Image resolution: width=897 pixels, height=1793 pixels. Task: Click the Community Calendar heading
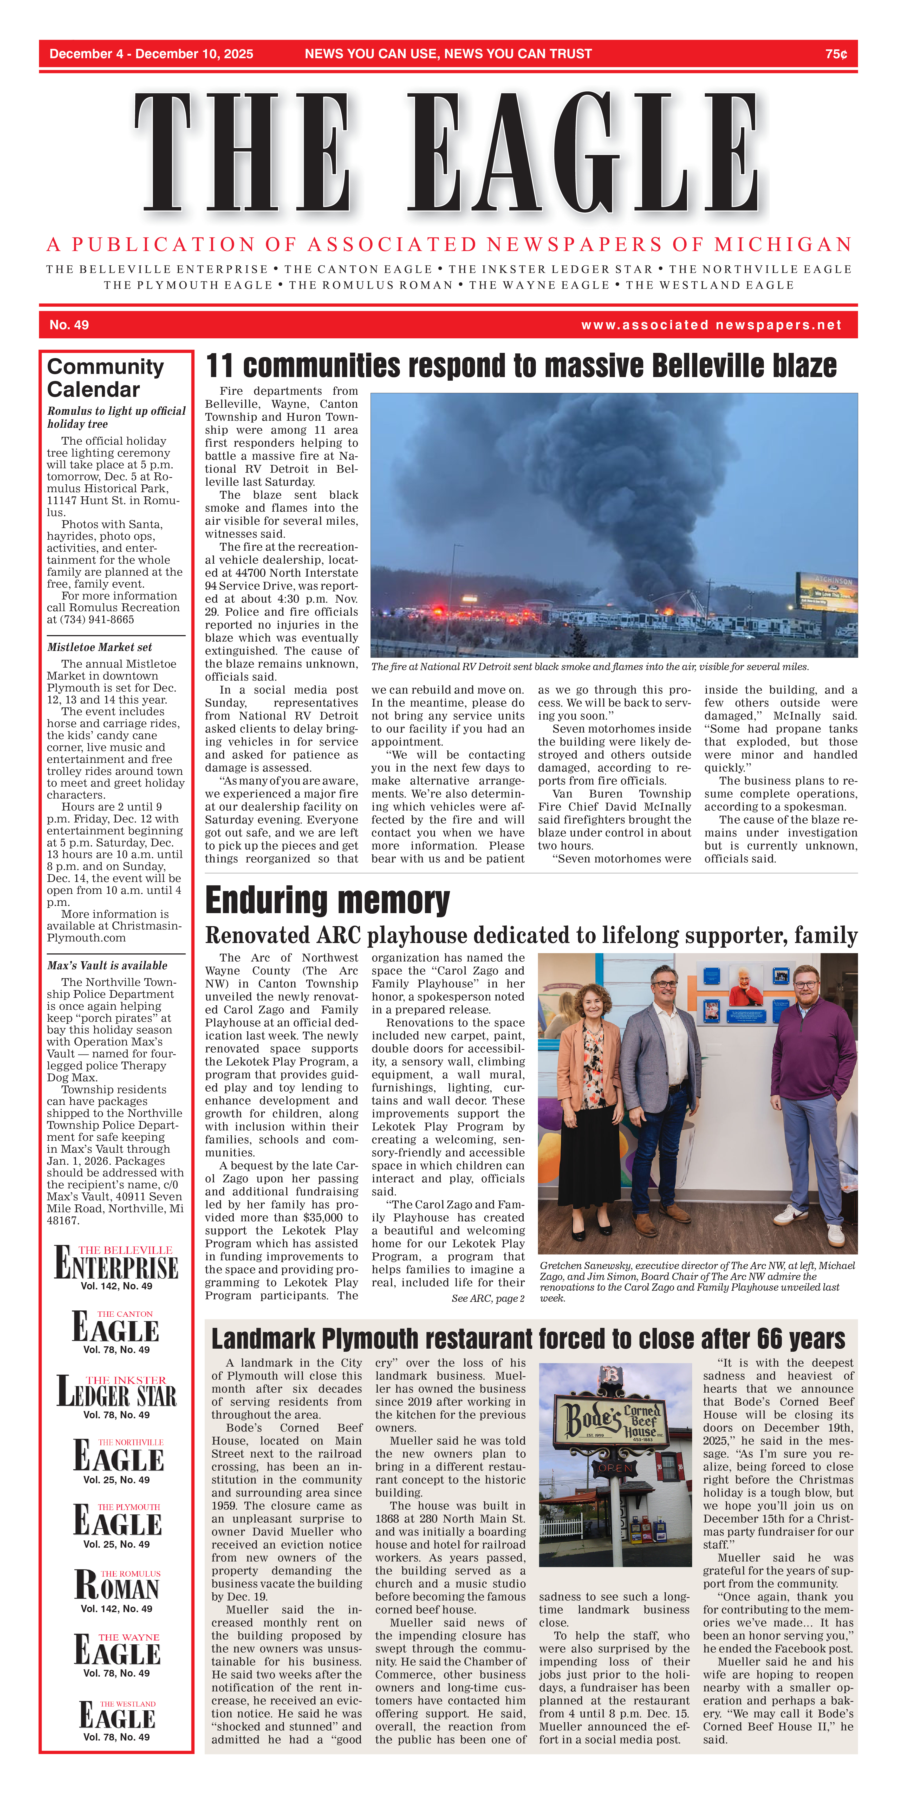105,378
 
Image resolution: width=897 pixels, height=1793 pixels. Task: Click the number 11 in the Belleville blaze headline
219,366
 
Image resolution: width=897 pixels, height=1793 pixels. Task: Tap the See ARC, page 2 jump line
487,1299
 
